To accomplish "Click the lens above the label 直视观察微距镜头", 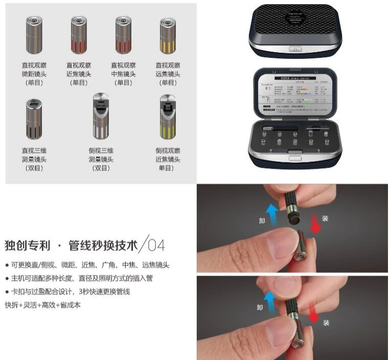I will click(34, 35).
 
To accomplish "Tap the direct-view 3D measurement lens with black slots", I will click(34, 119).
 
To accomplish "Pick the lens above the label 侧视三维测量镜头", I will click(101, 117).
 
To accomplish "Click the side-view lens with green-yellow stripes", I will click(168, 117).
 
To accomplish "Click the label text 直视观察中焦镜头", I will click(123, 74).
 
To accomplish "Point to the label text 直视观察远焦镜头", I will click(168, 74).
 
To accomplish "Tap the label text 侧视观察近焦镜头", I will click(168, 159).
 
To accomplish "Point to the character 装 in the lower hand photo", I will click(326, 322).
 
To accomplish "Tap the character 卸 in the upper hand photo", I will click(261, 220).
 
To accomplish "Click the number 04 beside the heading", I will click(156, 245).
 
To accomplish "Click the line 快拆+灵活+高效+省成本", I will click(42, 305).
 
